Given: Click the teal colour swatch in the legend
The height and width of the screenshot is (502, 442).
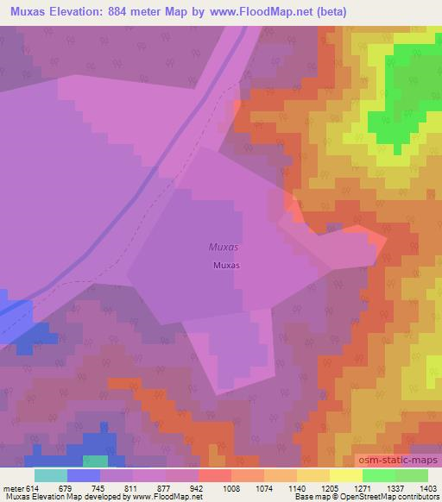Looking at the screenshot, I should coord(51,475).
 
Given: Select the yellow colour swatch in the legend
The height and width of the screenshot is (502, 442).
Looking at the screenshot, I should coord(346,475).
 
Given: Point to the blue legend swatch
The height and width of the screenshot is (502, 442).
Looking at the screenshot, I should coord(84,475).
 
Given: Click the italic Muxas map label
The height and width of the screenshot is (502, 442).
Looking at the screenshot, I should coord(224,247).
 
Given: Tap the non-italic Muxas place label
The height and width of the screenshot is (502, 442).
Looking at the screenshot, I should coord(226,266).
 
